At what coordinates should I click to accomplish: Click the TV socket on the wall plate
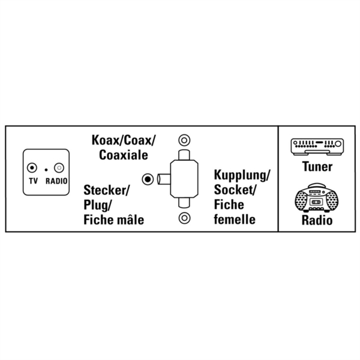click(x=32, y=168)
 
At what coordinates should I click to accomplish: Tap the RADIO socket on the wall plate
click(x=59, y=168)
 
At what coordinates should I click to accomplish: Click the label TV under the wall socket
click(x=33, y=181)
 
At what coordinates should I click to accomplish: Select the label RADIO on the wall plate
click(x=56, y=181)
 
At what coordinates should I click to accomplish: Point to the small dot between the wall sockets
click(x=46, y=170)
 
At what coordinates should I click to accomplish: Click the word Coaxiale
click(x=123, y=155)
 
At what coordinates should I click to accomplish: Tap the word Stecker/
click(x=107, y=190)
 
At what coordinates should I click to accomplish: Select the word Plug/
click(x=97, y=205)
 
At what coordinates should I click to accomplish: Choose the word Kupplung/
click(x=242, y=175)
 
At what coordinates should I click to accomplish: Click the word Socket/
click(x=235, y=190)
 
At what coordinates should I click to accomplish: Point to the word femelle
click(x=235, y=219)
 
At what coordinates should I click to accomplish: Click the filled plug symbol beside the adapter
click(x=148, y=179)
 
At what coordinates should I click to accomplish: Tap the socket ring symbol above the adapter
click(x=184, y=140)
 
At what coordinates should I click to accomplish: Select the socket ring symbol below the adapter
click(x=184, y=218)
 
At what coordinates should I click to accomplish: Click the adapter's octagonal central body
click(x=184, y=179)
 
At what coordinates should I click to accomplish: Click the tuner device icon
click(x=317, y=147)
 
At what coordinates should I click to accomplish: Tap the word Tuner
click(x=317, y=166)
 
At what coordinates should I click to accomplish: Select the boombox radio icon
click(x=317, y=197)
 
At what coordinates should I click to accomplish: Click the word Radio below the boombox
click(x=317, y=220)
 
